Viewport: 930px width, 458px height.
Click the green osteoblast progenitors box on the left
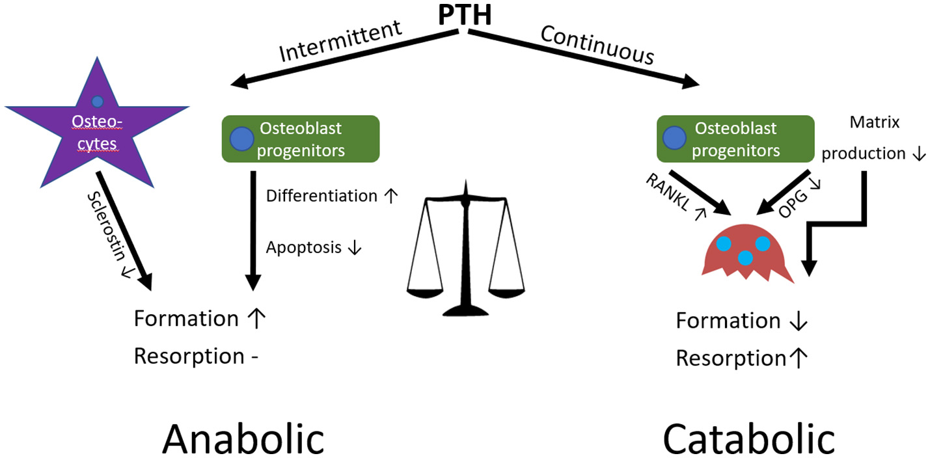coord(301,139)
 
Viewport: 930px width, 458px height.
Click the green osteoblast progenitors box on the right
coord(735,139)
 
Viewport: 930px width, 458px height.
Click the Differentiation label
coord(322,196)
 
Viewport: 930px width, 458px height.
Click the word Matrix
coord(873,122)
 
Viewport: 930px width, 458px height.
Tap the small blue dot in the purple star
coord(97,101)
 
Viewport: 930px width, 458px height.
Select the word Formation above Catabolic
coord(728,321)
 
